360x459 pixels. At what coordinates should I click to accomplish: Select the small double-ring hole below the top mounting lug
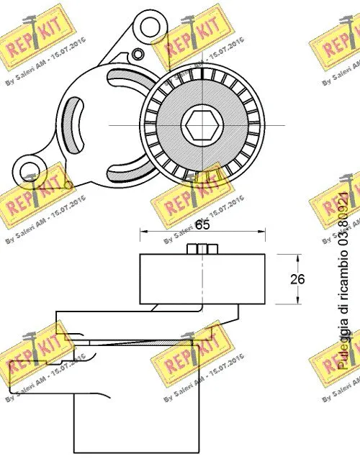(x=138, y=53)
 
